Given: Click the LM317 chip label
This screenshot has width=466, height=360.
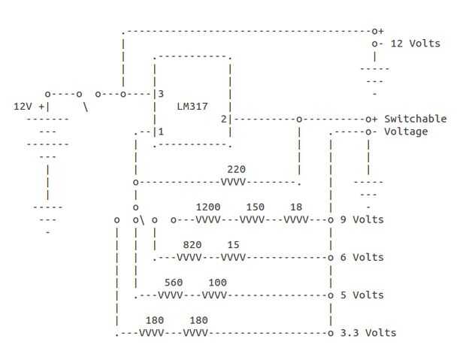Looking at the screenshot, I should pos(192,106).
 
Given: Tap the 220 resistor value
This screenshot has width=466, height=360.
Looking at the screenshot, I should pos(236,169).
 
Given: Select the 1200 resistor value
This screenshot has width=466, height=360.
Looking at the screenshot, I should pos(208,207).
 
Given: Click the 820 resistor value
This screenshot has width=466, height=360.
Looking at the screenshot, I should pos(192,244).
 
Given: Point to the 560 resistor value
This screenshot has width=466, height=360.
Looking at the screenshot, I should pos(174,283).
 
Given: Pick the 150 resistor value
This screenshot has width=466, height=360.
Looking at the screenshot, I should pos(255,207).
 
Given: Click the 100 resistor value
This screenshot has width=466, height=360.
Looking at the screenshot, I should pos(217,283).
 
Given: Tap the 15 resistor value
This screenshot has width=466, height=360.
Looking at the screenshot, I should pos(233,244).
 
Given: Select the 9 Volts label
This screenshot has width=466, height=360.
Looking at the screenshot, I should pos(362,219).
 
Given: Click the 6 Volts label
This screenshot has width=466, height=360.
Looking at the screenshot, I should pos(362,257).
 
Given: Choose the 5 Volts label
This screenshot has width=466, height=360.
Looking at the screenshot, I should pos(362,295).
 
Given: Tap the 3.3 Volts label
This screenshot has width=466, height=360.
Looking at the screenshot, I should pos(368,332).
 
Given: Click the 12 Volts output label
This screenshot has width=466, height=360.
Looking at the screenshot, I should pos(416,44).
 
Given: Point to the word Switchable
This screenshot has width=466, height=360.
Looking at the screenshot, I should pos(415,119).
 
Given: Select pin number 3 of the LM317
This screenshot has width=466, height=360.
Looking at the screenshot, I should pos(160,94).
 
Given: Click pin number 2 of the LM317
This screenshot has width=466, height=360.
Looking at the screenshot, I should pos(223,119).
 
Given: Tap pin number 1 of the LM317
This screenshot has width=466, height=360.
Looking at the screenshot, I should pos(160,132).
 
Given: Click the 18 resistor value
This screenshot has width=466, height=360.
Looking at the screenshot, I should pos(296,207).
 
